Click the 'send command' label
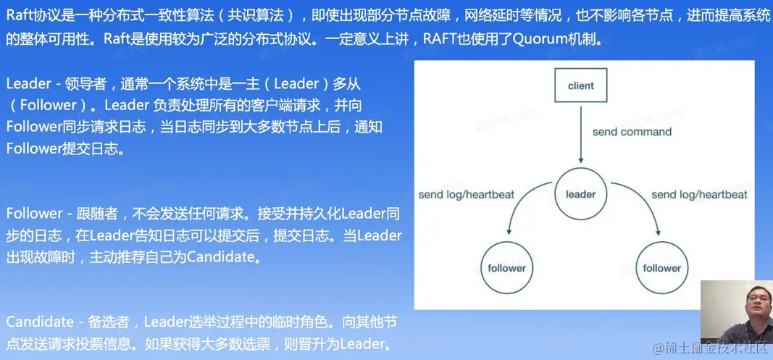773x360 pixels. click(632, 132)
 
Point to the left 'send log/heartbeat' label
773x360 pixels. click(467, 194)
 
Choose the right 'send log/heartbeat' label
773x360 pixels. click(699, 194)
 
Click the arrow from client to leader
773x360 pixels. click(581, 133)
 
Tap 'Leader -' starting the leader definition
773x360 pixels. click(33, 84)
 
